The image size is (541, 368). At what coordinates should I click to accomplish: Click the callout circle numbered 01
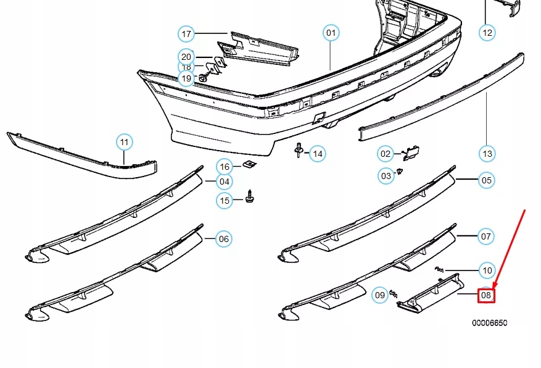(x=331, y=33)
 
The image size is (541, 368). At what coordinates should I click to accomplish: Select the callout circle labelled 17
(x=186, y=33)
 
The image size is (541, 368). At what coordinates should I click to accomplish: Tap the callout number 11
(x=125, y=143)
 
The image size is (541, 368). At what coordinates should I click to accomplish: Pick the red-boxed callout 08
(x=486, y=296)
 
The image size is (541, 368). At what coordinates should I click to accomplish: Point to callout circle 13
(x=487, y=153)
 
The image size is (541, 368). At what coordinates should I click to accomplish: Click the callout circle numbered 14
(x=317, y=153)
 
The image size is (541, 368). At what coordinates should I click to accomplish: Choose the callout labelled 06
(x=223, y=239)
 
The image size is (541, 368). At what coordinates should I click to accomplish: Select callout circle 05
(x=487, y=180)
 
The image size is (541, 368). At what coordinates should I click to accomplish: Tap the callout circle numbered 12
(x=487, y=33)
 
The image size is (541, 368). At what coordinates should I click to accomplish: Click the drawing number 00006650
(x=490, y=323)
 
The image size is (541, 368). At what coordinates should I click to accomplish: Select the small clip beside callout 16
(x=250, y=164)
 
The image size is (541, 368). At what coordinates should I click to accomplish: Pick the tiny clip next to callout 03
(x=400, y=171)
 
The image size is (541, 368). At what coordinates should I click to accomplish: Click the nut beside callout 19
(x=202, y=78)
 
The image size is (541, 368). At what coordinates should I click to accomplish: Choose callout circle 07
(x=487, y=236)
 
